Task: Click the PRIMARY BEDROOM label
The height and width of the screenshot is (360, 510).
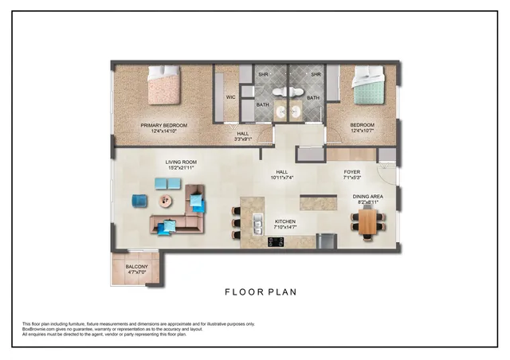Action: (163, 125)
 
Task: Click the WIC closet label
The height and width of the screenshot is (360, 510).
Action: (230, 97)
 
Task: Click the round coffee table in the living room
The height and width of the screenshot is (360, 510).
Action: (169, 199)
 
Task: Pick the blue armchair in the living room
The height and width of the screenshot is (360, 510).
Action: (139, 200)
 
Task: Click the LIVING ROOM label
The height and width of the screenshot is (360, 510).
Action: (181, 162)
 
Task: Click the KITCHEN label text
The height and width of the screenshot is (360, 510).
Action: (285, 221)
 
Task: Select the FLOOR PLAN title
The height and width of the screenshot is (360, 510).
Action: (260, 292)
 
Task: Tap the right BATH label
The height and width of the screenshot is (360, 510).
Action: (313, 98)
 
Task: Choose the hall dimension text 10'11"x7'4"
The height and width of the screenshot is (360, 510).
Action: (281, 178)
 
